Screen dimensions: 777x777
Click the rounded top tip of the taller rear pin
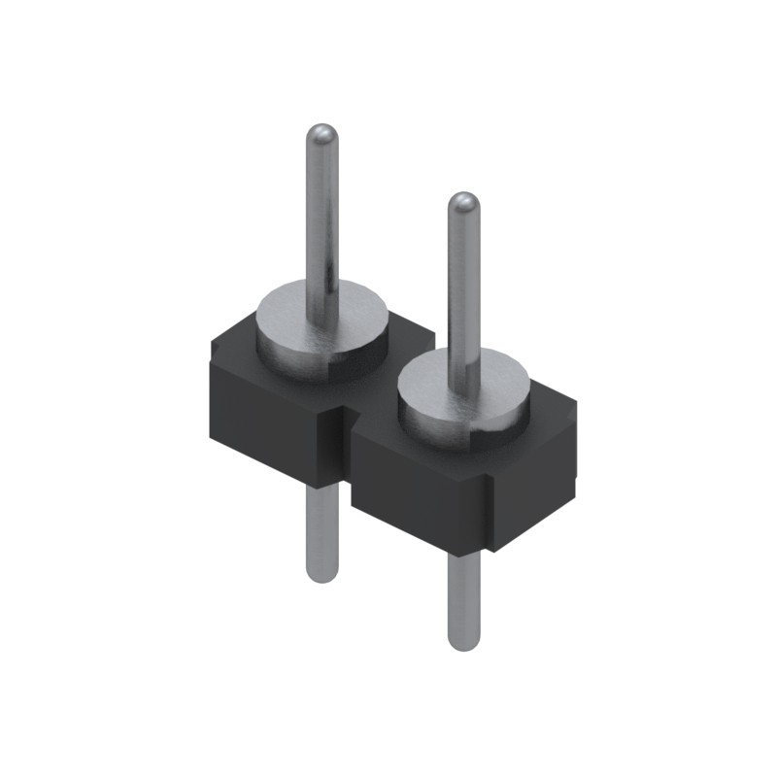tap(321, 134)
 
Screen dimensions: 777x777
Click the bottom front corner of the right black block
tap(491, 552)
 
